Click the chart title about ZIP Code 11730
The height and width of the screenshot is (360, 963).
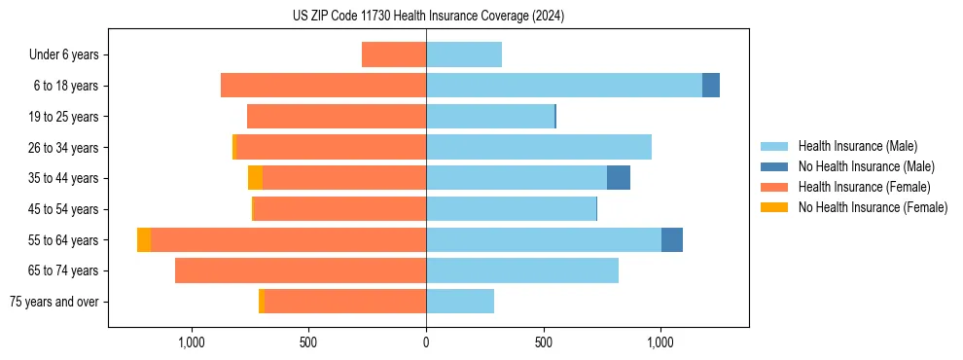click(x=428, y=16)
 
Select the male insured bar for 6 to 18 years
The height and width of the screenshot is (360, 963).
click(x=564, y=86)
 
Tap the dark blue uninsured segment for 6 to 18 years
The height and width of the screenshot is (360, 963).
click(x=711, y=86)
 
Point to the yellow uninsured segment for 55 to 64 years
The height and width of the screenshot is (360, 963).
click(x=144, y=239)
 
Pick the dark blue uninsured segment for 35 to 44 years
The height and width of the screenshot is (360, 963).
click(x=619, y=178)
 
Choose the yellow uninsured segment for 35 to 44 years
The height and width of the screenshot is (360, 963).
click(x=255, y=178)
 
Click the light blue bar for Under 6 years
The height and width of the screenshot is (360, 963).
click(x=464, y=54)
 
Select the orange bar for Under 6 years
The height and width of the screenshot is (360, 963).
click(x=394, y=54)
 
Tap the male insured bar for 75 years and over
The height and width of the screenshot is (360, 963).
click(x=460, y=301)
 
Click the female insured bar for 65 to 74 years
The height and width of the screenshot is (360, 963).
click(x=301, y=270)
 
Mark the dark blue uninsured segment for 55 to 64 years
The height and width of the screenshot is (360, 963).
click(x=672, y=239)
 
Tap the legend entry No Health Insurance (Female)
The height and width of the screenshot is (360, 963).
click(x=872, y=207)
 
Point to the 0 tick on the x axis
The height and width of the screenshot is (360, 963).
click(x=426, y=342)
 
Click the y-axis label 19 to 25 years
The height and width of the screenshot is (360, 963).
click(x=64, y=117)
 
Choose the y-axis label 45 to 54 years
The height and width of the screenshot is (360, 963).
click(x=64, y=209)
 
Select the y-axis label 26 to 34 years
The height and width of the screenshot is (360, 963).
click(x=64, y=148)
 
